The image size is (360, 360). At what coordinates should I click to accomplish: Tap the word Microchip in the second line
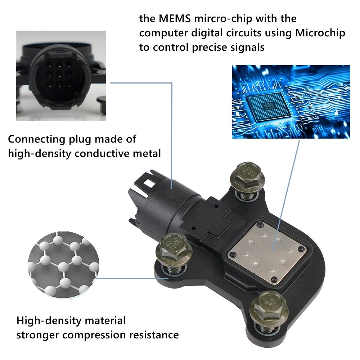pos(320,33)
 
